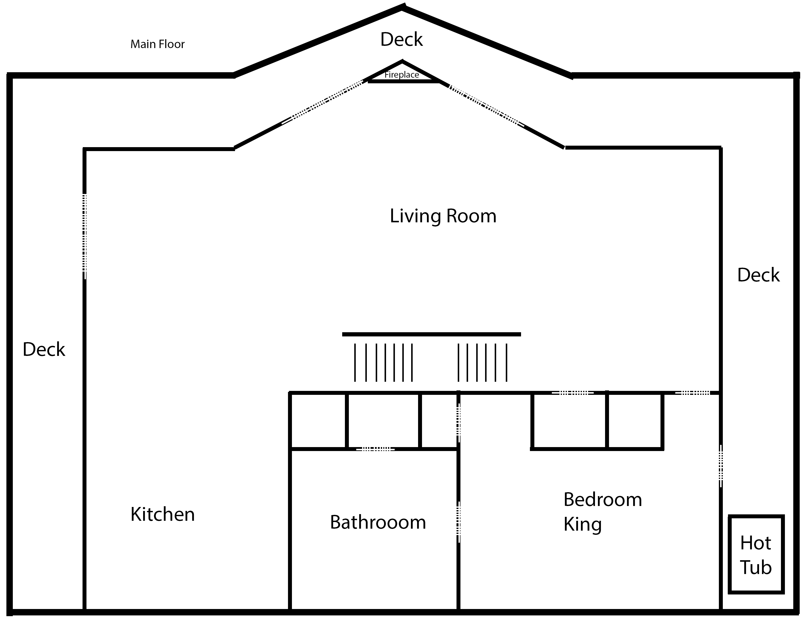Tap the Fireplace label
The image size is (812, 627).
402,75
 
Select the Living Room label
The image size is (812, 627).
443,216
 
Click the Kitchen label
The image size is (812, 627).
163,514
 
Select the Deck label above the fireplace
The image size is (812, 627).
402,39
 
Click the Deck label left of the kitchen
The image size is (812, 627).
44,349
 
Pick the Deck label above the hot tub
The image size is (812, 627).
759,275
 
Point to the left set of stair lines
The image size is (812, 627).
383,363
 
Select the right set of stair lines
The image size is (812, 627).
482,363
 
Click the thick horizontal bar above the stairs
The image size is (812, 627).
431,334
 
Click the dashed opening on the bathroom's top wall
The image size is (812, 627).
375,449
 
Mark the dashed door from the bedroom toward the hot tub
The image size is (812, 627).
721,466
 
